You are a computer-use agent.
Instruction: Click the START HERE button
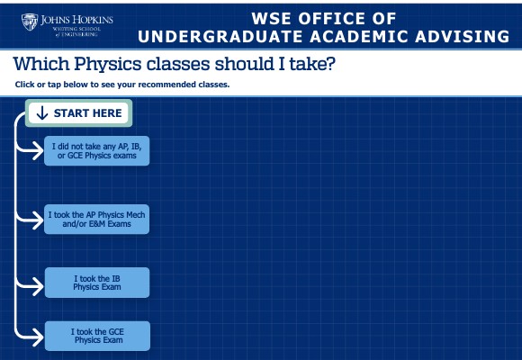pos(79,113)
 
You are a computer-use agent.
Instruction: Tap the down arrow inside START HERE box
pos(41,113)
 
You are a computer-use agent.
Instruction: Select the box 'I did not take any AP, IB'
pos(96,150)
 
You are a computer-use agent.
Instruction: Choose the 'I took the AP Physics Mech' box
pos(96,219)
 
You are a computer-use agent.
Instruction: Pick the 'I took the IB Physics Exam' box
pos(96,283)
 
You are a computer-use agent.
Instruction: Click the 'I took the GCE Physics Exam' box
pos(96,336)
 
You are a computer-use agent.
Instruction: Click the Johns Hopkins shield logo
pos(30,22)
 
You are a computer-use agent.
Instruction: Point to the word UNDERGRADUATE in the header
pos(226,36)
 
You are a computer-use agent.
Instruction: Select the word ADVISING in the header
pos(458,36)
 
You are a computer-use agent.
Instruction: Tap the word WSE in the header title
pos(275,16)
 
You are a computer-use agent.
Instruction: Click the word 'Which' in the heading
pos(42,66)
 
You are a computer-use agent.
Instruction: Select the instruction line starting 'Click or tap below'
pos(122,85)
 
